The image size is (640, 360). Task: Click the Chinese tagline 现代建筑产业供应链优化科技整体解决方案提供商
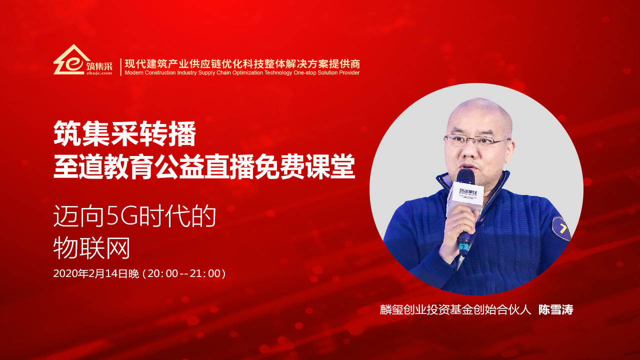(242, 63)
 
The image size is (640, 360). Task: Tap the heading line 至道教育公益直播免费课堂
(204, 167)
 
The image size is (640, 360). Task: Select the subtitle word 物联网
(91, 248)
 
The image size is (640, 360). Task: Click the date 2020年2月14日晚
(95, 273)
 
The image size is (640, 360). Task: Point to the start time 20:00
(163, 273)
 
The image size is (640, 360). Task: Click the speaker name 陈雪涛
(555, 309)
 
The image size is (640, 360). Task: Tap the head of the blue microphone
(465, 177)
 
